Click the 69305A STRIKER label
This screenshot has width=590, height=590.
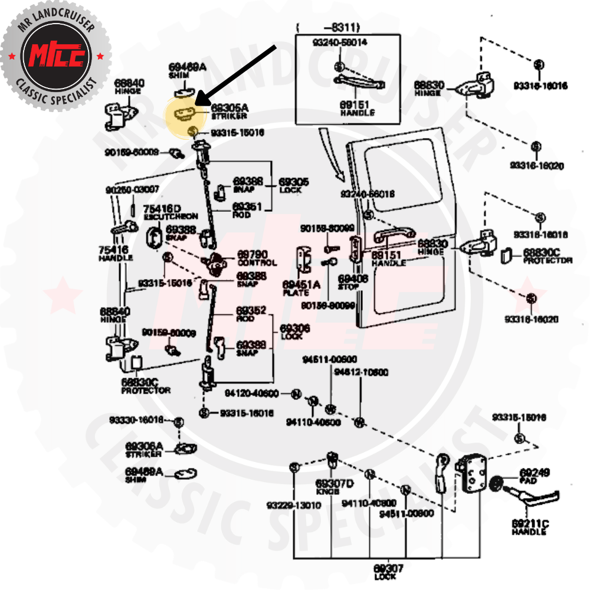click(230, 112)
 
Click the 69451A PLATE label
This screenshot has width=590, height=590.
click(301, 289)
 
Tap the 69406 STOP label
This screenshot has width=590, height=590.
click(353, 281)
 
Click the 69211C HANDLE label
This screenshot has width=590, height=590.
click(530, 527)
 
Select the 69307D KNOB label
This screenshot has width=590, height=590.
click(334, 487)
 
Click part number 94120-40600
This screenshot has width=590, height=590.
click(251, 394)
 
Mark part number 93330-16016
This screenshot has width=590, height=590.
click(136, 420)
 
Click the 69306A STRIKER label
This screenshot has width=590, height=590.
click(143, 450)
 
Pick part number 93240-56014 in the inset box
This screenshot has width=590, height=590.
click(339, 42)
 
